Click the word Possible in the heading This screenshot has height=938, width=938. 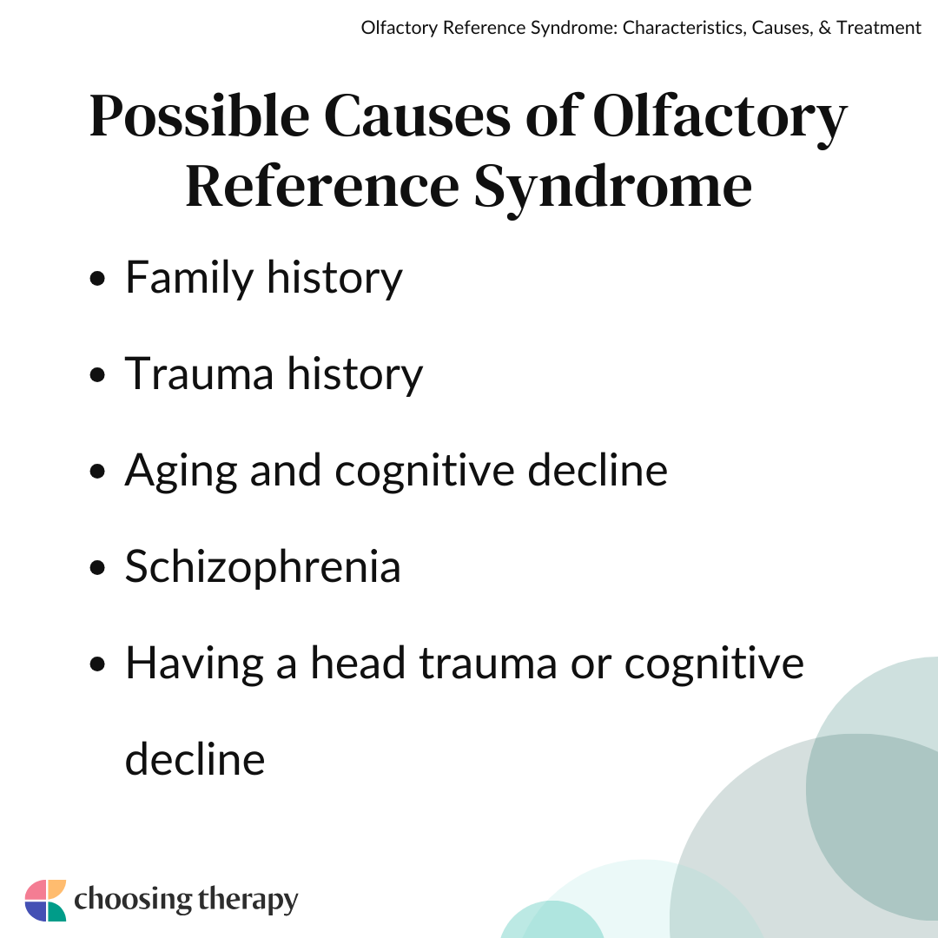coord(200,116)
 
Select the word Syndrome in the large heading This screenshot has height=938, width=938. coord(613,188)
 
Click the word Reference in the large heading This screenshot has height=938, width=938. coord(322,186)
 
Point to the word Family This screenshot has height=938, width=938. coord(189,278)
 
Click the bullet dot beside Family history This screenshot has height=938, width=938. coord(97,279)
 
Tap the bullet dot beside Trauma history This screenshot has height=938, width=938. coord(97,375)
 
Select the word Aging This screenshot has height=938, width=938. coord(182,472)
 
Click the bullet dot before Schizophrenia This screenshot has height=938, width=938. coord(97,568)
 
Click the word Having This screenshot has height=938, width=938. coord(195,664)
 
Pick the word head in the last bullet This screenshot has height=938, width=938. coord(358,663)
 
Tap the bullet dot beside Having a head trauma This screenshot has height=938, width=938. coord(97,664)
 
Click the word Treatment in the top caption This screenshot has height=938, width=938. coord(879,28)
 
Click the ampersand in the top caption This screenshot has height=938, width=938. coord(824,28)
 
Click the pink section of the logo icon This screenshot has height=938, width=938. coord(36,889)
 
